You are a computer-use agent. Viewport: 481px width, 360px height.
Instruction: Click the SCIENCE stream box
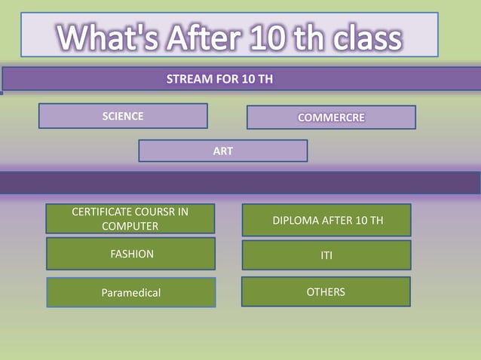(x=123, y=116)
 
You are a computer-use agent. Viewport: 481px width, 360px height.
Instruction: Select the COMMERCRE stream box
(x=331, y=117)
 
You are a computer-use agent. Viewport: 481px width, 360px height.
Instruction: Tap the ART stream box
(x=222, y=151)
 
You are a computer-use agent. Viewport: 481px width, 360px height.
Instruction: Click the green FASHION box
(x=130, y=254)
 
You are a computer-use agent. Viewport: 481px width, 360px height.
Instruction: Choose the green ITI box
(x=326, y=255)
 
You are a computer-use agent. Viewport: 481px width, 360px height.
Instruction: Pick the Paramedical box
(x=130, y=292)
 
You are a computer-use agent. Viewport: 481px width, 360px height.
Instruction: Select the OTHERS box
(x=326, y=291)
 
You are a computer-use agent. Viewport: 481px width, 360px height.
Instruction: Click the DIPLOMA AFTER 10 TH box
(x=326, y=220)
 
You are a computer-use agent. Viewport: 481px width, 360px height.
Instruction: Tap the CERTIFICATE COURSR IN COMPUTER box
(x=130, y=218)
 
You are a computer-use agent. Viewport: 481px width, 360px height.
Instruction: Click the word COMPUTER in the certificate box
(x=130, y=226)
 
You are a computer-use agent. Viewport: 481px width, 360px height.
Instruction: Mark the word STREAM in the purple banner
(x=185, y=80)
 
